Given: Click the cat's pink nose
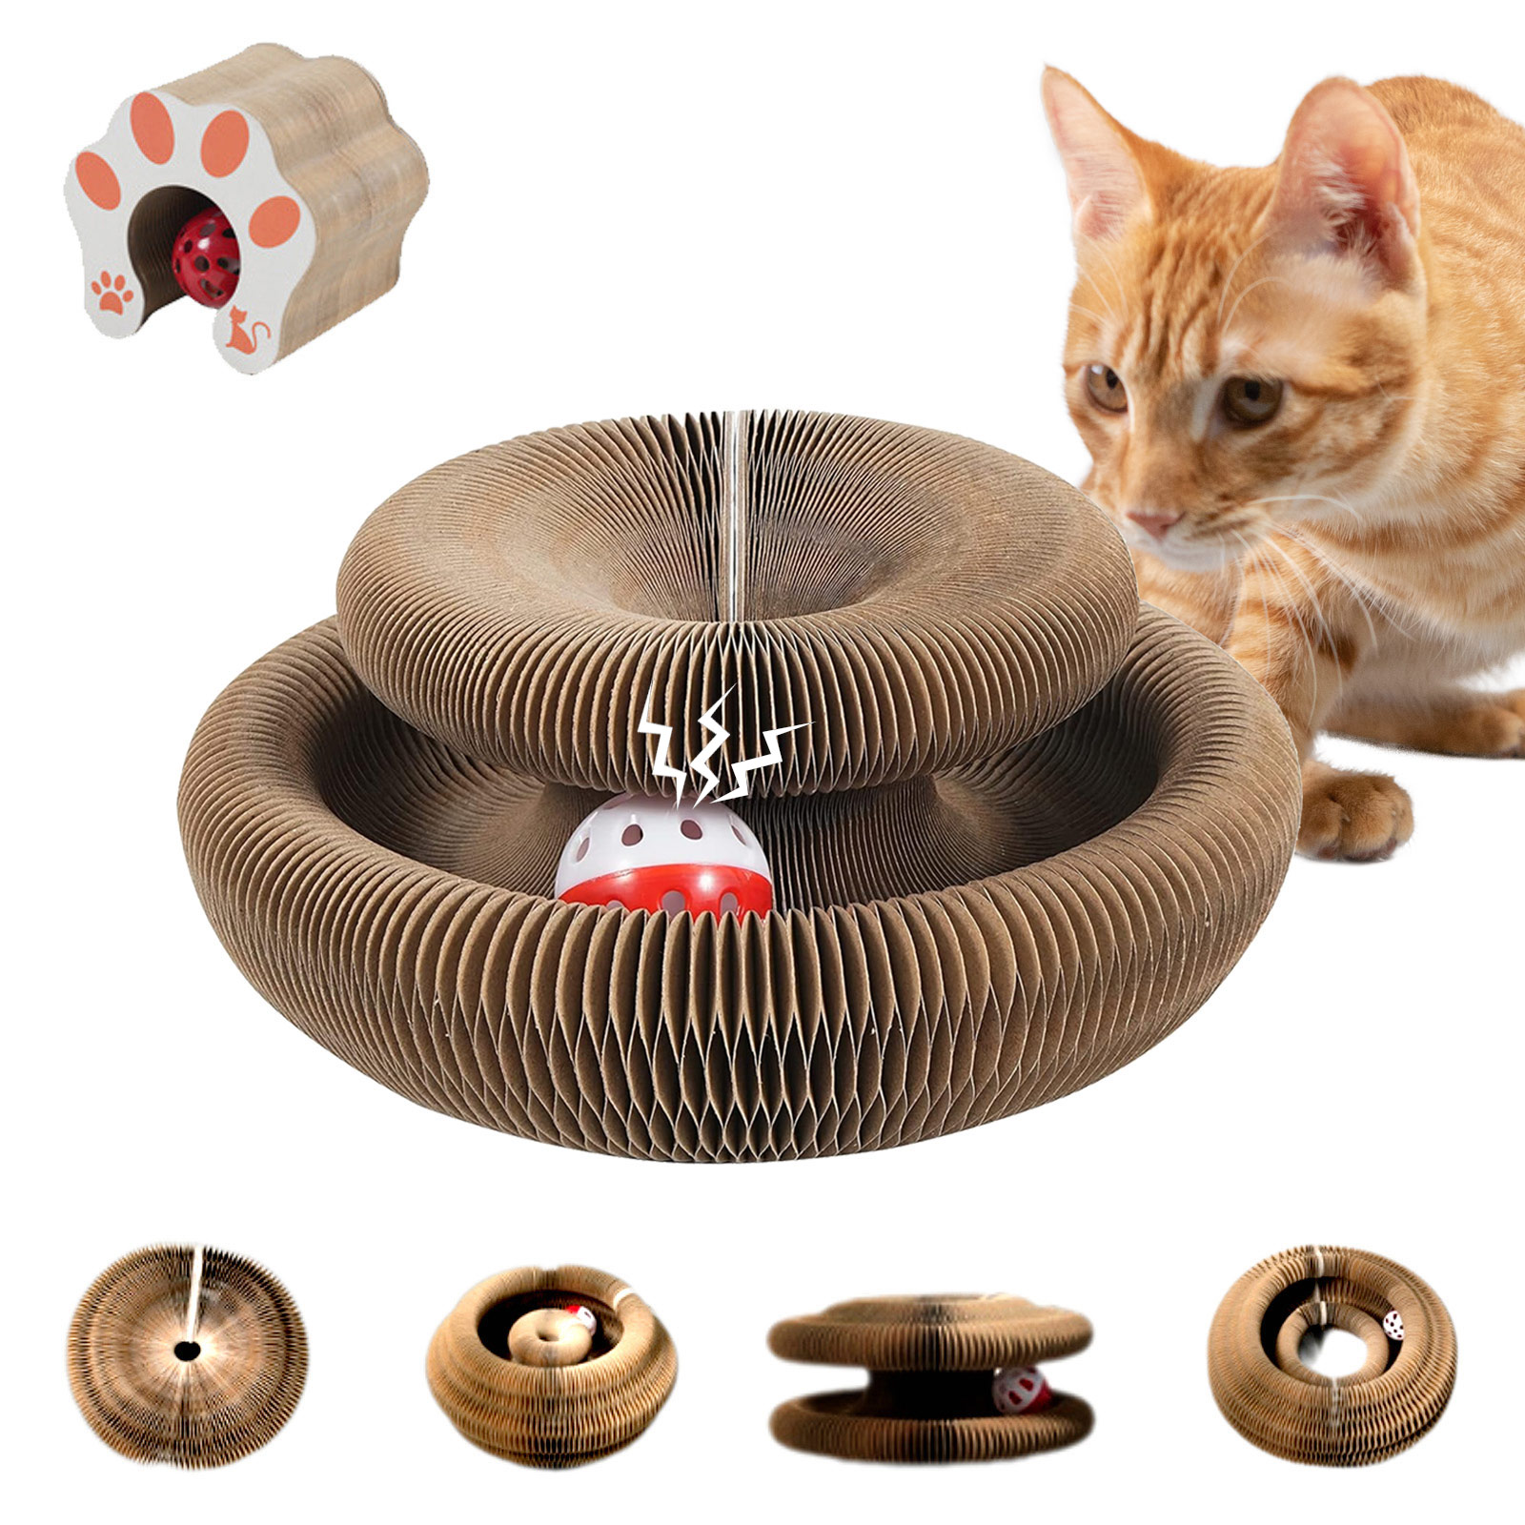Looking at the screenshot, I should tap(1151, 521).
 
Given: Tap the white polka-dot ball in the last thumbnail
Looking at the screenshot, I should tap(1393, 1326).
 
